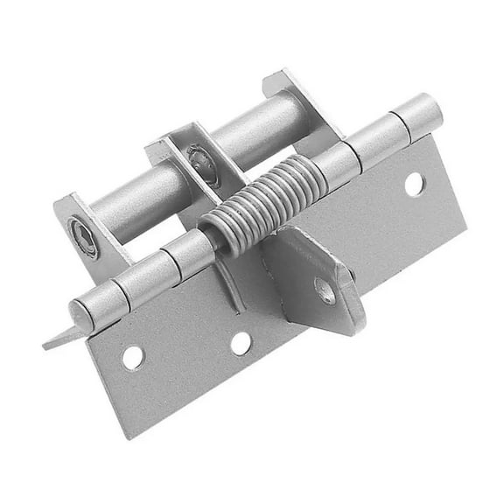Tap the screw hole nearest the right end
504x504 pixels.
click(414, 184)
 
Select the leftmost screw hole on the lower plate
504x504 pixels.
click(133, 357)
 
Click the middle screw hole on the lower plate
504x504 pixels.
click(241, 343)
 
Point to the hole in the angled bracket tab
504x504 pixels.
click(325, 290)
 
